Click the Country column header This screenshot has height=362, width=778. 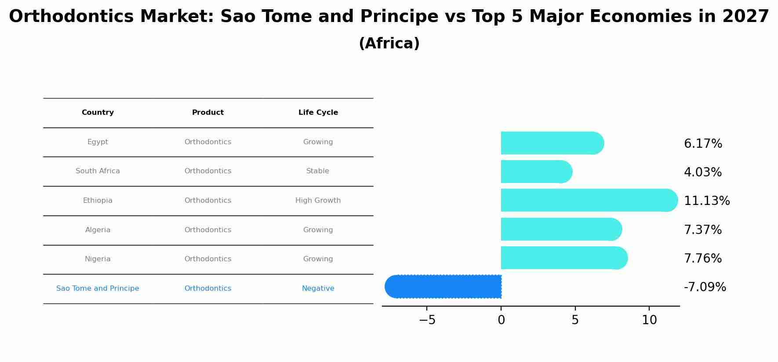click(x=98, y=113)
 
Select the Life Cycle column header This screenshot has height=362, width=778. click(x=318, y=113)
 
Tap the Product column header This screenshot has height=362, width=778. click(x=208, y=113)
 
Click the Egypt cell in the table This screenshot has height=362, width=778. click(x=98, y=142)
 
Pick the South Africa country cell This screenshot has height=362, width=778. click(x=98, y=171)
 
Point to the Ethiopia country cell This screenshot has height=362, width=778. click(x=98, y=201)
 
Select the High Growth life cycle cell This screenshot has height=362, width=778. click(x=318, y=201)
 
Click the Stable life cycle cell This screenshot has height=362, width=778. click(x=318, y=171)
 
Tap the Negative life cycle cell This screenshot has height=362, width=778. click(x=318, y=289)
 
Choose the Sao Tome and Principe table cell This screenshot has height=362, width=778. click(x=98, y=289)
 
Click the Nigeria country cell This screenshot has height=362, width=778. click(x=98, y=259)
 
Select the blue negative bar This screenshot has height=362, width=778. click(x=443, y=286)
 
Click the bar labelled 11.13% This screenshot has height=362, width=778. click(x=589, y=200)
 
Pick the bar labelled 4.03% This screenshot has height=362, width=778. click(x=537, y=172)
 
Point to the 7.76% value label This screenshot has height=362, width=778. click(x=703, y=259)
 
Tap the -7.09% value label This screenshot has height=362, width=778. click(x=705, y=287)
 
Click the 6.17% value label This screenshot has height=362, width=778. click(x=703, y=144)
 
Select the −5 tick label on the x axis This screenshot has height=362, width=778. click(x=427, y=320)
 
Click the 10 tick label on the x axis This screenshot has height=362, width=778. click(x=649, y=320)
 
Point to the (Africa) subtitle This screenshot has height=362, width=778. click(x=389, y=44)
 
